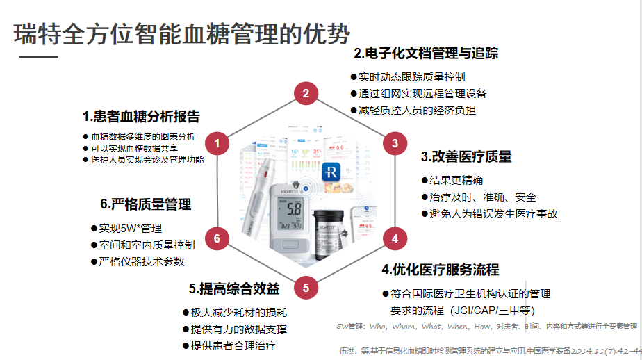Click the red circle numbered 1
pos(217,144)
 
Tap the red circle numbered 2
pos(306,93)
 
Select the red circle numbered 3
pos(395,144)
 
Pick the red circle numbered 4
pos(395,238)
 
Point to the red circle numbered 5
pos(306,286)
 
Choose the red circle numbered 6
pos(217,238)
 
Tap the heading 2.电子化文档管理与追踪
pos(425,54)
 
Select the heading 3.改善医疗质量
pos(466,157)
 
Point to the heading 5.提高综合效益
pos(233,288)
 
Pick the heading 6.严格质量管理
pos(145,204)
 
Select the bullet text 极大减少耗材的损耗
pos(238,313)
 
